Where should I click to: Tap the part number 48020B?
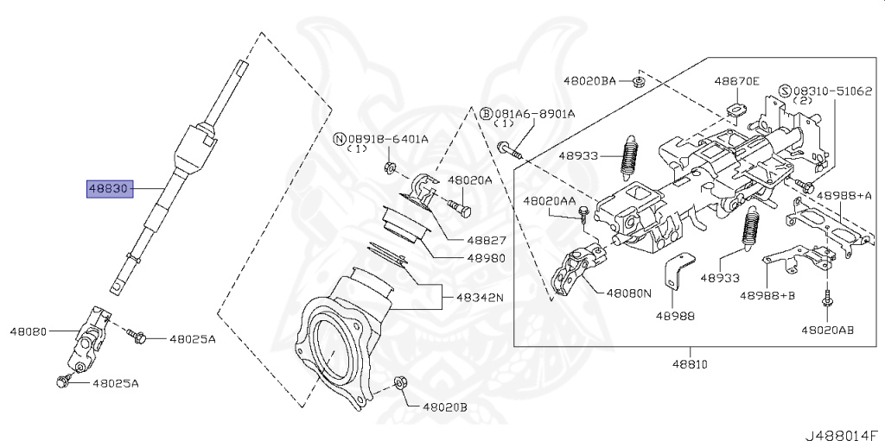(x=444, y=406)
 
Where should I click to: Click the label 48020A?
(x=469, y=180)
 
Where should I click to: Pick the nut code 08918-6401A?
(x=387, y=138)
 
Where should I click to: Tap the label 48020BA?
(x=589, y=80)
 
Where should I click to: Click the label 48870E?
(x=736, y=81)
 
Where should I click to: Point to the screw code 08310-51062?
(x=835, y=90)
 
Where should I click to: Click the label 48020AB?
(x=827, y=330)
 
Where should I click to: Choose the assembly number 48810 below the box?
(x=690, y=364)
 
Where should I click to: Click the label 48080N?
(x=628, y=293)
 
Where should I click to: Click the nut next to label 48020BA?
(x=636, y=82)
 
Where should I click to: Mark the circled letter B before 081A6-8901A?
(x=486, y=113)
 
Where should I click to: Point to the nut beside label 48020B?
(x=399, y=382)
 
